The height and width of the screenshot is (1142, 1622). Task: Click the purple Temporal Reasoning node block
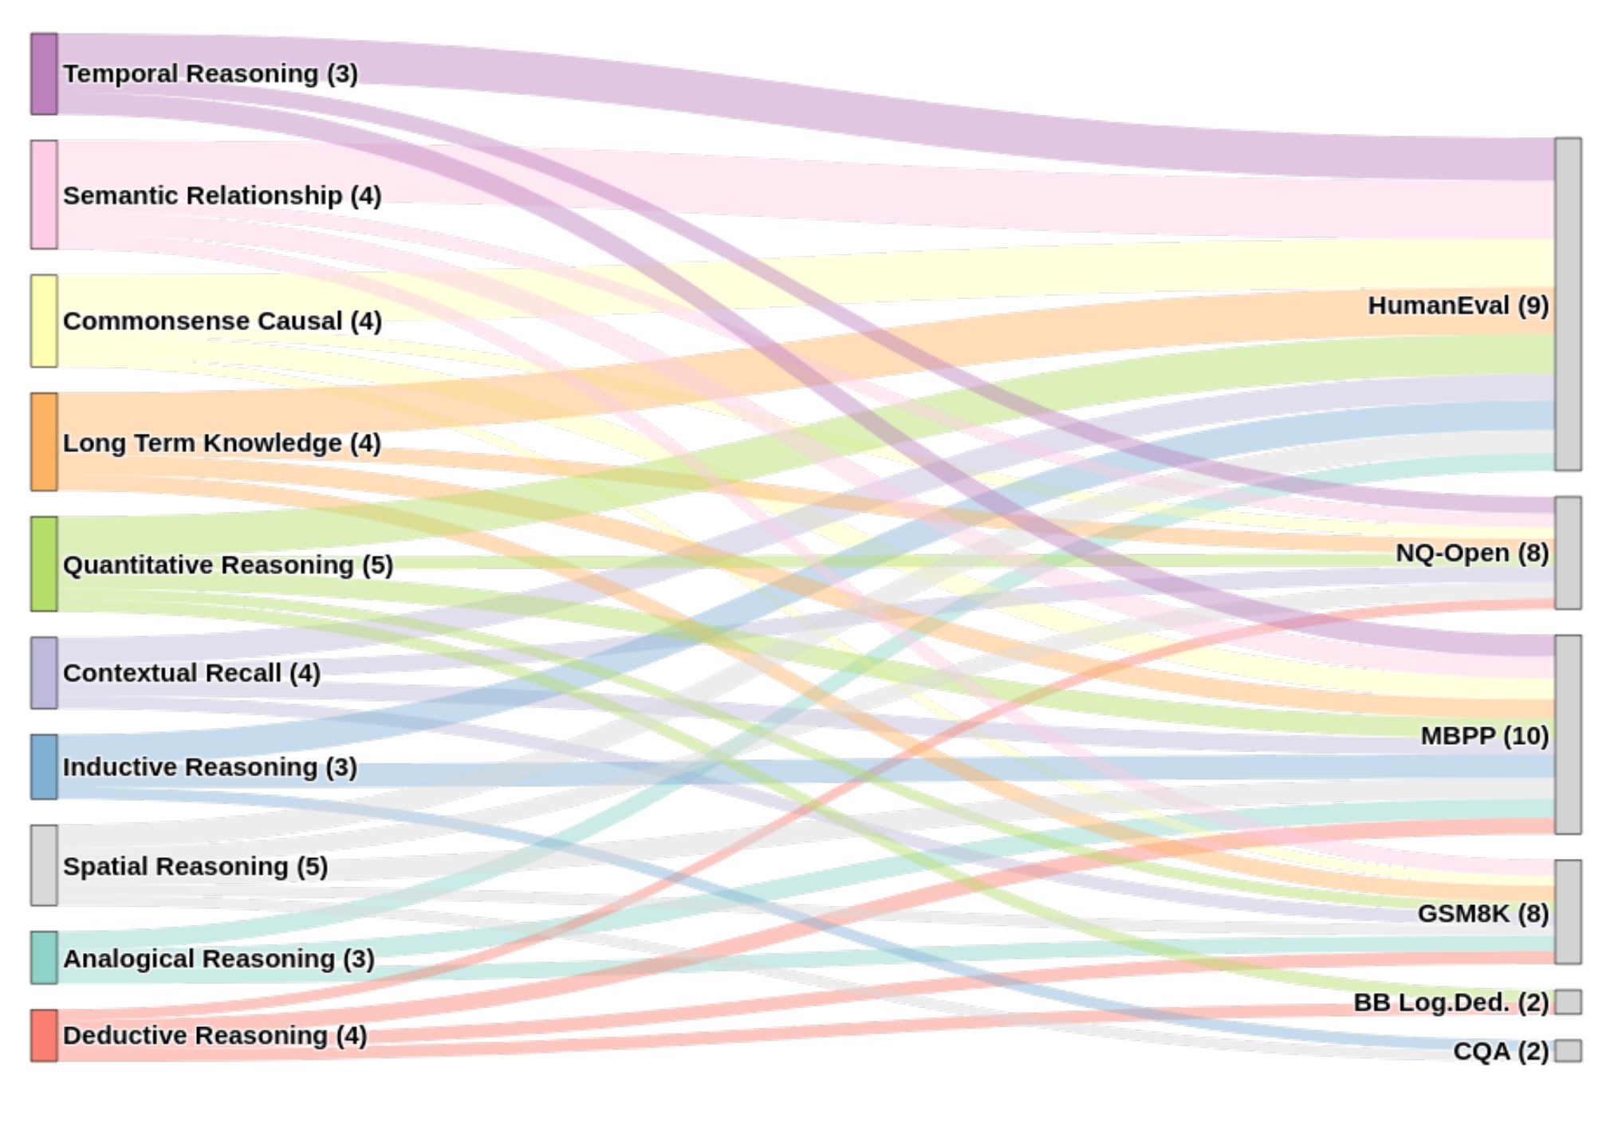(44, 73)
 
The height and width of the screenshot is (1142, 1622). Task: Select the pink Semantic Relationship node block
(44, 195)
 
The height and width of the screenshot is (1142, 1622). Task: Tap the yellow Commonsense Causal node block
(44, 321)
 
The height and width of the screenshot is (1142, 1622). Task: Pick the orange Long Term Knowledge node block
(44, 441)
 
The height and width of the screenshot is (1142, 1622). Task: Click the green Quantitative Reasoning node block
(44, 564)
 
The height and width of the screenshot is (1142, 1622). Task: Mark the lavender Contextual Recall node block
(44, 672)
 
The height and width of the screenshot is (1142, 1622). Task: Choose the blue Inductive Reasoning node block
(44, 766)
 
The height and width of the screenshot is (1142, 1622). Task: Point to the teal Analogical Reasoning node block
(44, 957)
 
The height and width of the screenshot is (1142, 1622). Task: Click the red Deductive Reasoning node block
(44, 1035)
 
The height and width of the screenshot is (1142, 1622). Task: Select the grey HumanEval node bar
(1568, 304)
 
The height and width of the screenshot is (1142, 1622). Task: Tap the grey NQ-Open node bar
(1568, 553)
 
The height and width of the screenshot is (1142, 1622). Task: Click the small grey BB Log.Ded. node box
(1568, 1002)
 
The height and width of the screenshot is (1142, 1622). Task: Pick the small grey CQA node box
(1568, 1050)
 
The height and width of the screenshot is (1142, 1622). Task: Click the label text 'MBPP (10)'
(1484, 735)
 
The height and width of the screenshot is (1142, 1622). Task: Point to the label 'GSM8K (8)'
(1482, 913)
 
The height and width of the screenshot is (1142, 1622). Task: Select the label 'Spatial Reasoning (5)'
(195, 866)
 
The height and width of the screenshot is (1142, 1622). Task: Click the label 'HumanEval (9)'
(1458, 305)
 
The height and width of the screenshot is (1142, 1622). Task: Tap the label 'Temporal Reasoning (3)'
(211, 73)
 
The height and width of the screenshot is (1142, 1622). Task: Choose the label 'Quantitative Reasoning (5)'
(228, 565)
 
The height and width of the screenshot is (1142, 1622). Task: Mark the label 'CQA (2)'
(1500, 1051)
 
